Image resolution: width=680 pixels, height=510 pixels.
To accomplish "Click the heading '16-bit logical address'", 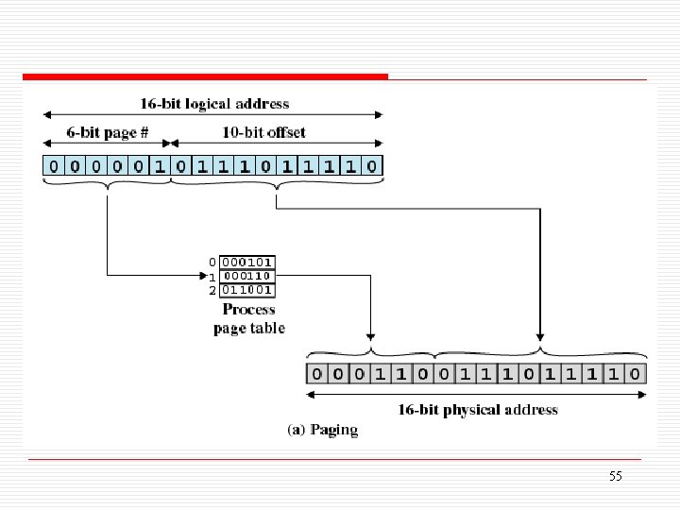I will [214, 103].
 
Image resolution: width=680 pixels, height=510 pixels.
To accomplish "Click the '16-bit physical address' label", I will [476, 410].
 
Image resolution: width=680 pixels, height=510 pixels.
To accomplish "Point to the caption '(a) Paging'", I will [322, 431].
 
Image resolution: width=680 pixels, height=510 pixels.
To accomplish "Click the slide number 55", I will [616, 476].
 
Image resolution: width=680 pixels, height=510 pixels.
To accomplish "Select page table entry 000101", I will [248, 262].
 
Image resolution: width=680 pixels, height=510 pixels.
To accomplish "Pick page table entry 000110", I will [248, 276].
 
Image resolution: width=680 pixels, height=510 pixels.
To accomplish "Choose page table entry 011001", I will [248, 290].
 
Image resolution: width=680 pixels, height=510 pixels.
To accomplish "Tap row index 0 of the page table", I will [212, 262].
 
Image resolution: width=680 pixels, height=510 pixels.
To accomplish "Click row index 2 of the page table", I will [212, 290].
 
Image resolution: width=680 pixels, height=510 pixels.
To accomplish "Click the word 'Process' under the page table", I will [248, 309].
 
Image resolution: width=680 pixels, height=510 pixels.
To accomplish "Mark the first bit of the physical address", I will [317, 374].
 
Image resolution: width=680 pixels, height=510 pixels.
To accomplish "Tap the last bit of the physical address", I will [637, 374].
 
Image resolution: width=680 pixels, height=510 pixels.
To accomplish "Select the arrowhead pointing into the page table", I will [213, 276].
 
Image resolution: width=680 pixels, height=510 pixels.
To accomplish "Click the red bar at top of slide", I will [205, 76].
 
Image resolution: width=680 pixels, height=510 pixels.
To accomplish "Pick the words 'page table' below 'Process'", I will [248, 328].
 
